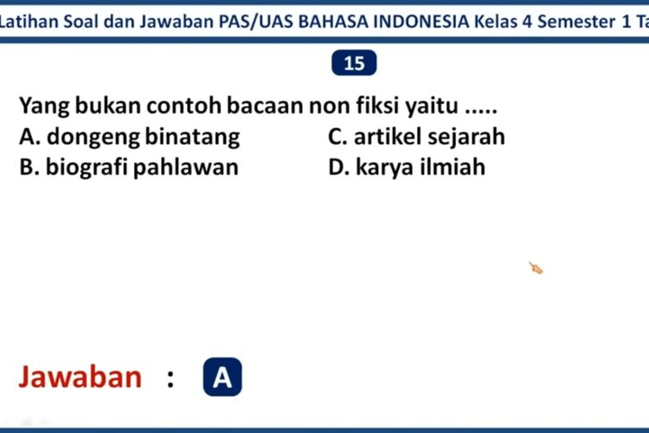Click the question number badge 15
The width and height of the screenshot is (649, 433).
(354, 63)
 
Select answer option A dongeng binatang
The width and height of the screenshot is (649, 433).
(130, 138)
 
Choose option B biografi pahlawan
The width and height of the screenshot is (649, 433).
(129, 167)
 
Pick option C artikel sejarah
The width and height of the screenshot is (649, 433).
(416, 137)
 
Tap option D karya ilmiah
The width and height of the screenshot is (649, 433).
(407, 167)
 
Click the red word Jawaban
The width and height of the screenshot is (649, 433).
(80, 377)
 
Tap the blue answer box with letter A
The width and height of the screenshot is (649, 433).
(222, 377)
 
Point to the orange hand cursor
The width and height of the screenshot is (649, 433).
(536, 268)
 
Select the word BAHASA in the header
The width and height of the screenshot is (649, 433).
(333, 22)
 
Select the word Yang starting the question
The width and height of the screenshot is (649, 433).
(44, 107)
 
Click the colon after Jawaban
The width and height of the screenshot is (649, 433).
(170, 379)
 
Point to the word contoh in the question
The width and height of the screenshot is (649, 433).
(184, 106)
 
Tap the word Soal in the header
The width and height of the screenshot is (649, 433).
(80, 22)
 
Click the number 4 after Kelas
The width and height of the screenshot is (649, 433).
(527, 22)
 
